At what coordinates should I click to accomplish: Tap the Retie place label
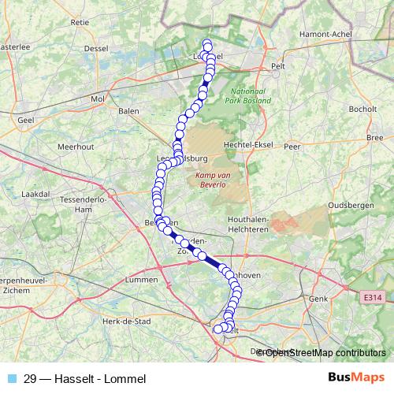point(80,23)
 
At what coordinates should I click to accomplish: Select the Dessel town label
point(95,48)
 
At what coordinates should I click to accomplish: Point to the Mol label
point(98,99)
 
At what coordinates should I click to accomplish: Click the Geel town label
point(26,120)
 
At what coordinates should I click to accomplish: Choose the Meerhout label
point(76,147)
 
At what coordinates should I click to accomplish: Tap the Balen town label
point(128,111)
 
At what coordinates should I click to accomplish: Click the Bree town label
point(374,138)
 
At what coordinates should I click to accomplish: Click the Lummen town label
point(142,281)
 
